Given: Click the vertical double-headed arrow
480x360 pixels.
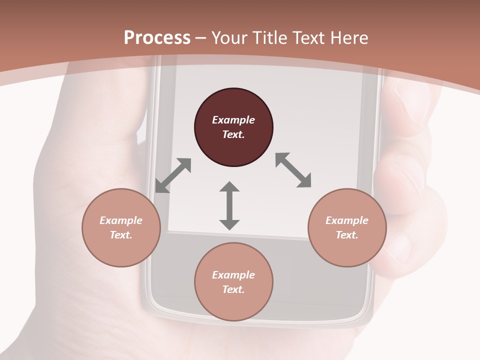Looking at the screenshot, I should (229, 205).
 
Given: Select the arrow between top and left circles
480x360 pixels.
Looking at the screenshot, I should (173, 175).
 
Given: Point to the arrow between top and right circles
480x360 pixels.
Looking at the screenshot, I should (293, 170).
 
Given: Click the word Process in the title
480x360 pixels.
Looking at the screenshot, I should (157, 38).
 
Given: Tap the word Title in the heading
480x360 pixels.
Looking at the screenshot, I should (270, 38).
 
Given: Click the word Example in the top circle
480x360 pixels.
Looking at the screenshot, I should (233, 120).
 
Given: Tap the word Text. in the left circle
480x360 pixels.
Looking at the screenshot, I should (121, 235).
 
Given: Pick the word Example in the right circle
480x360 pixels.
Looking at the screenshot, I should (347, 220).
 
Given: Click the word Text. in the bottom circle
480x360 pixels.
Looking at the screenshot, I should (233, 289).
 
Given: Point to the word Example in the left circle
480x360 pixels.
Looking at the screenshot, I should (121, 220).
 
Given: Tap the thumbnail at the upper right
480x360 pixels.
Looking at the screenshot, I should (410, 100).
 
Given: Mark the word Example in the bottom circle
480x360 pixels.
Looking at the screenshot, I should (233, 275).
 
